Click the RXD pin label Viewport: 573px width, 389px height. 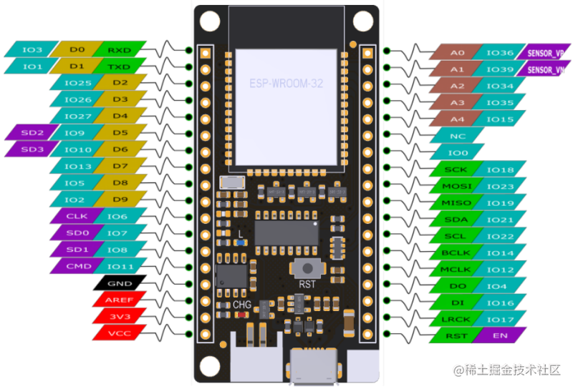point(119,50)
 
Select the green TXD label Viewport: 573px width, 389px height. point(119,67)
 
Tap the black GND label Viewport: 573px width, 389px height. point(119,282)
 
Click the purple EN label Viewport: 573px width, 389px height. point(499,335)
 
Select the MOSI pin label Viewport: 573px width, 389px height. point(457,186)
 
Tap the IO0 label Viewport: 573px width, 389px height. point(457,152)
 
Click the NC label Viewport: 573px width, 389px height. point(457,136)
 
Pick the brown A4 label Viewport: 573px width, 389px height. point(457,119)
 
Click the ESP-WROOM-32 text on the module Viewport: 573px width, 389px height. point(286,84)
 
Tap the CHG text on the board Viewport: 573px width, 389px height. point(242,305)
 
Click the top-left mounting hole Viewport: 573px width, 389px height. point(208,21)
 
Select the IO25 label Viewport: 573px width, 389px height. point(77,83)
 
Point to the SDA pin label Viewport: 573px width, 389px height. point(457,220)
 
